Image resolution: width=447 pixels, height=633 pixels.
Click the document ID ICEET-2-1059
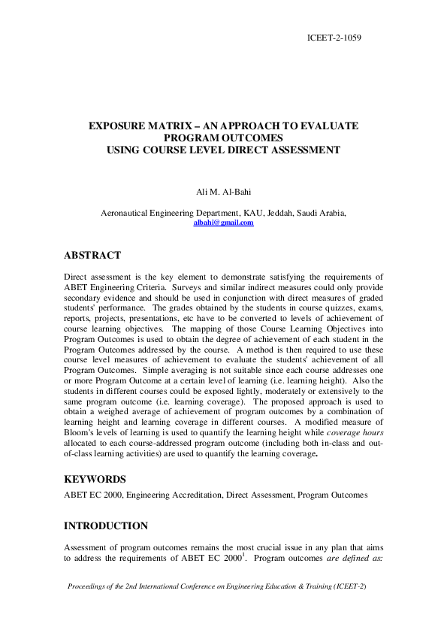click(334, 36)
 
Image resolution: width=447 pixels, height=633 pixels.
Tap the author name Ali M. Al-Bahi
click(223, 192)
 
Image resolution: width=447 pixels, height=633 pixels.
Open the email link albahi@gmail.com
click(223, 223)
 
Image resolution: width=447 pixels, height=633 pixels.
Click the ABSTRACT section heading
click(92, 256)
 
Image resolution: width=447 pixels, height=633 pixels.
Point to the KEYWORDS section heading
click(95, 478)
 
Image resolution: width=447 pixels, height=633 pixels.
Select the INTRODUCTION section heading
click(106, 525)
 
